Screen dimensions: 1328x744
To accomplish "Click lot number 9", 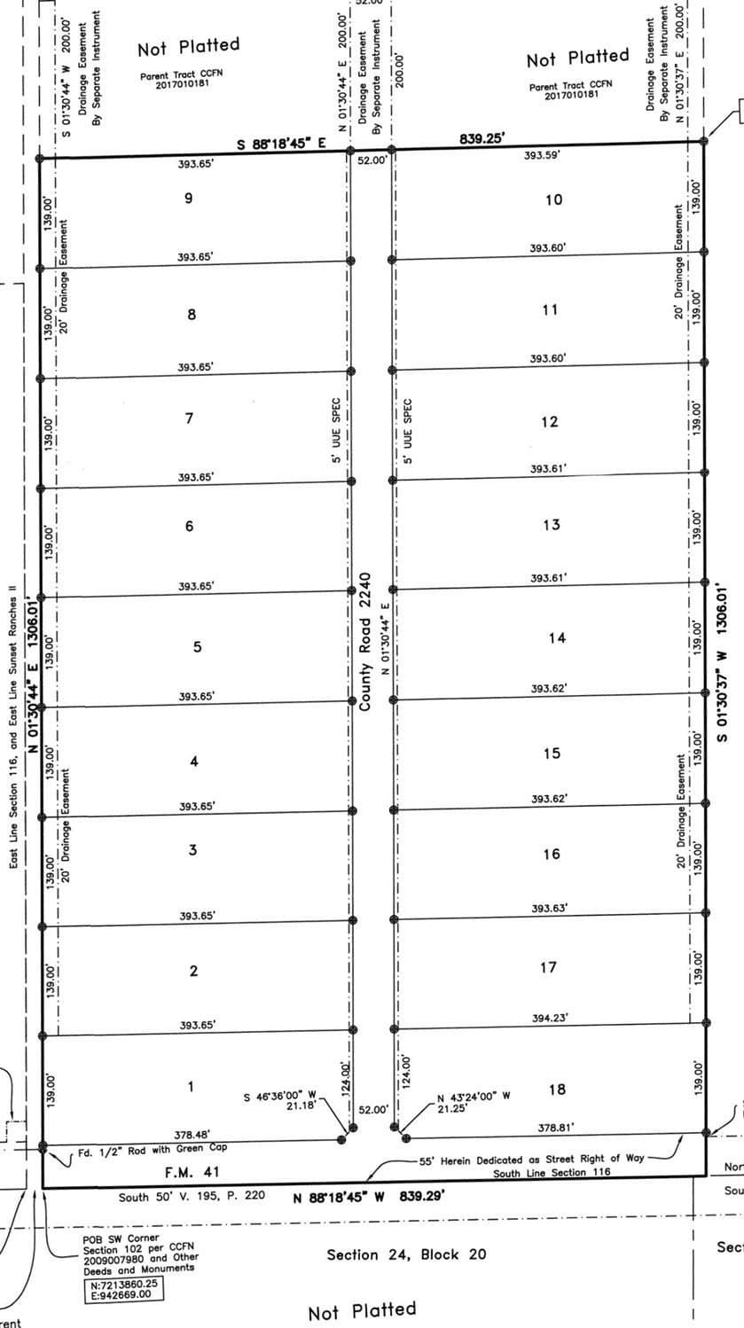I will [x=188, y=198].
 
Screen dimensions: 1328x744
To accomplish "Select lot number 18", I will [x=557, y=1090].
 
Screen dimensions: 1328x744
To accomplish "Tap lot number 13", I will [x=551, y=525].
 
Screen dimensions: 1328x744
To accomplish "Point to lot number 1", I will [x=191, y=1086].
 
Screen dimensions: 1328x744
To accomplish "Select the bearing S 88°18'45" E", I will [x=282, y=143].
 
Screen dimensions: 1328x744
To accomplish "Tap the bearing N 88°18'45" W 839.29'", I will [x=368, y=1197].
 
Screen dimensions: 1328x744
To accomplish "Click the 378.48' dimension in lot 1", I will [x=192, y=1134].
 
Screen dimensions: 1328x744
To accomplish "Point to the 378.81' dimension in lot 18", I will [x=556, y=1128].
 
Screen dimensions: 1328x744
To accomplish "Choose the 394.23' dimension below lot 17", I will [x=551, y=1019].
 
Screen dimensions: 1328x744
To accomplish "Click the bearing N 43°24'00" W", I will [x=474, y=1096].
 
